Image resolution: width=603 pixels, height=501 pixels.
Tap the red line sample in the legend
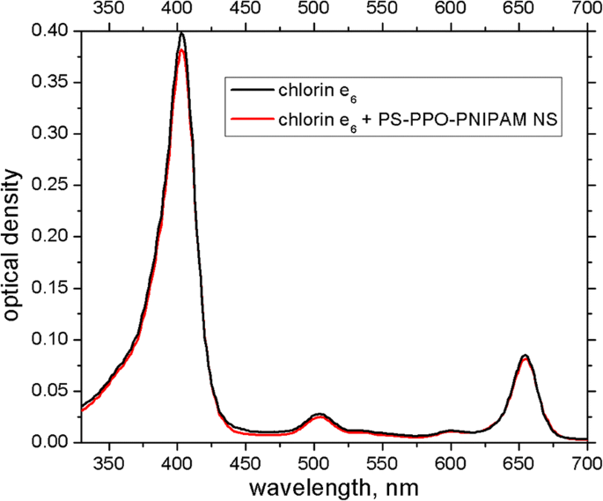[x=251, y=118]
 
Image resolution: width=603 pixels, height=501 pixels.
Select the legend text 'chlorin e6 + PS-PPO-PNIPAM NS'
[x=414, y=119]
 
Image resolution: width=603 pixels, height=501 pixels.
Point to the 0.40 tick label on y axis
[x=49, y=32]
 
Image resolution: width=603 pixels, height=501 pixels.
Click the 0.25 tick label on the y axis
[x=49, y=186]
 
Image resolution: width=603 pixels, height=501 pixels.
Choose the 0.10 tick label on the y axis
[x=49, y=340]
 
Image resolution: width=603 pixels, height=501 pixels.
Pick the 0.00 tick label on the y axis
[x=49, y=442]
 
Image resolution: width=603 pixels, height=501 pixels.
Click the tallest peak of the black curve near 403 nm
[x=181, y=33]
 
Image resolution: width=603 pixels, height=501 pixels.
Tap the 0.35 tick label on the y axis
[x=49, y=83]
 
